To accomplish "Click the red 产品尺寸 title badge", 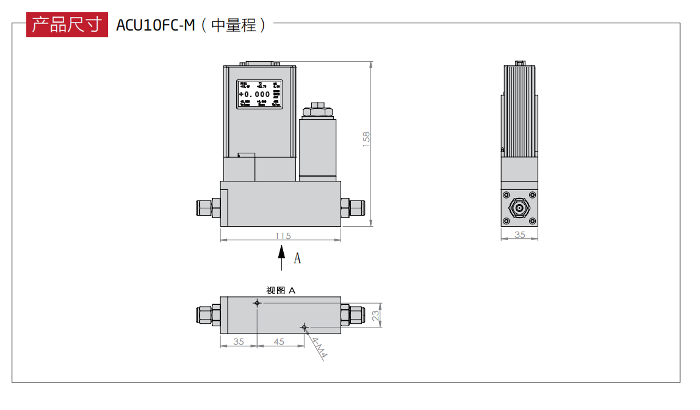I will [67, 25].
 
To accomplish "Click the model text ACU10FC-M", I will [155, 26].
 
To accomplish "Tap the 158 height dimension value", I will [366, 138].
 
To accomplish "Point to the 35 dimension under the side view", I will [520, 235].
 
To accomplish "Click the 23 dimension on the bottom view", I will [376, 315].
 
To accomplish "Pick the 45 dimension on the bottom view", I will [279, 342].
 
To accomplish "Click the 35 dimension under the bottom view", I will [238, 342].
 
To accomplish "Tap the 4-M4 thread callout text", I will [319, 349].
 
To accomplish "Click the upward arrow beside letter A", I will [281, 257].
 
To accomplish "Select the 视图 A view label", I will [281, 291].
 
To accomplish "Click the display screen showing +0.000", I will [259, 94].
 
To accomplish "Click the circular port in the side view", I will [519, 208].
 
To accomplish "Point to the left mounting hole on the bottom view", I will [258, 303].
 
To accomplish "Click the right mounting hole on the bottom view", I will [304, 328].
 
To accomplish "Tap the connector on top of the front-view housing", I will [259, 63].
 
